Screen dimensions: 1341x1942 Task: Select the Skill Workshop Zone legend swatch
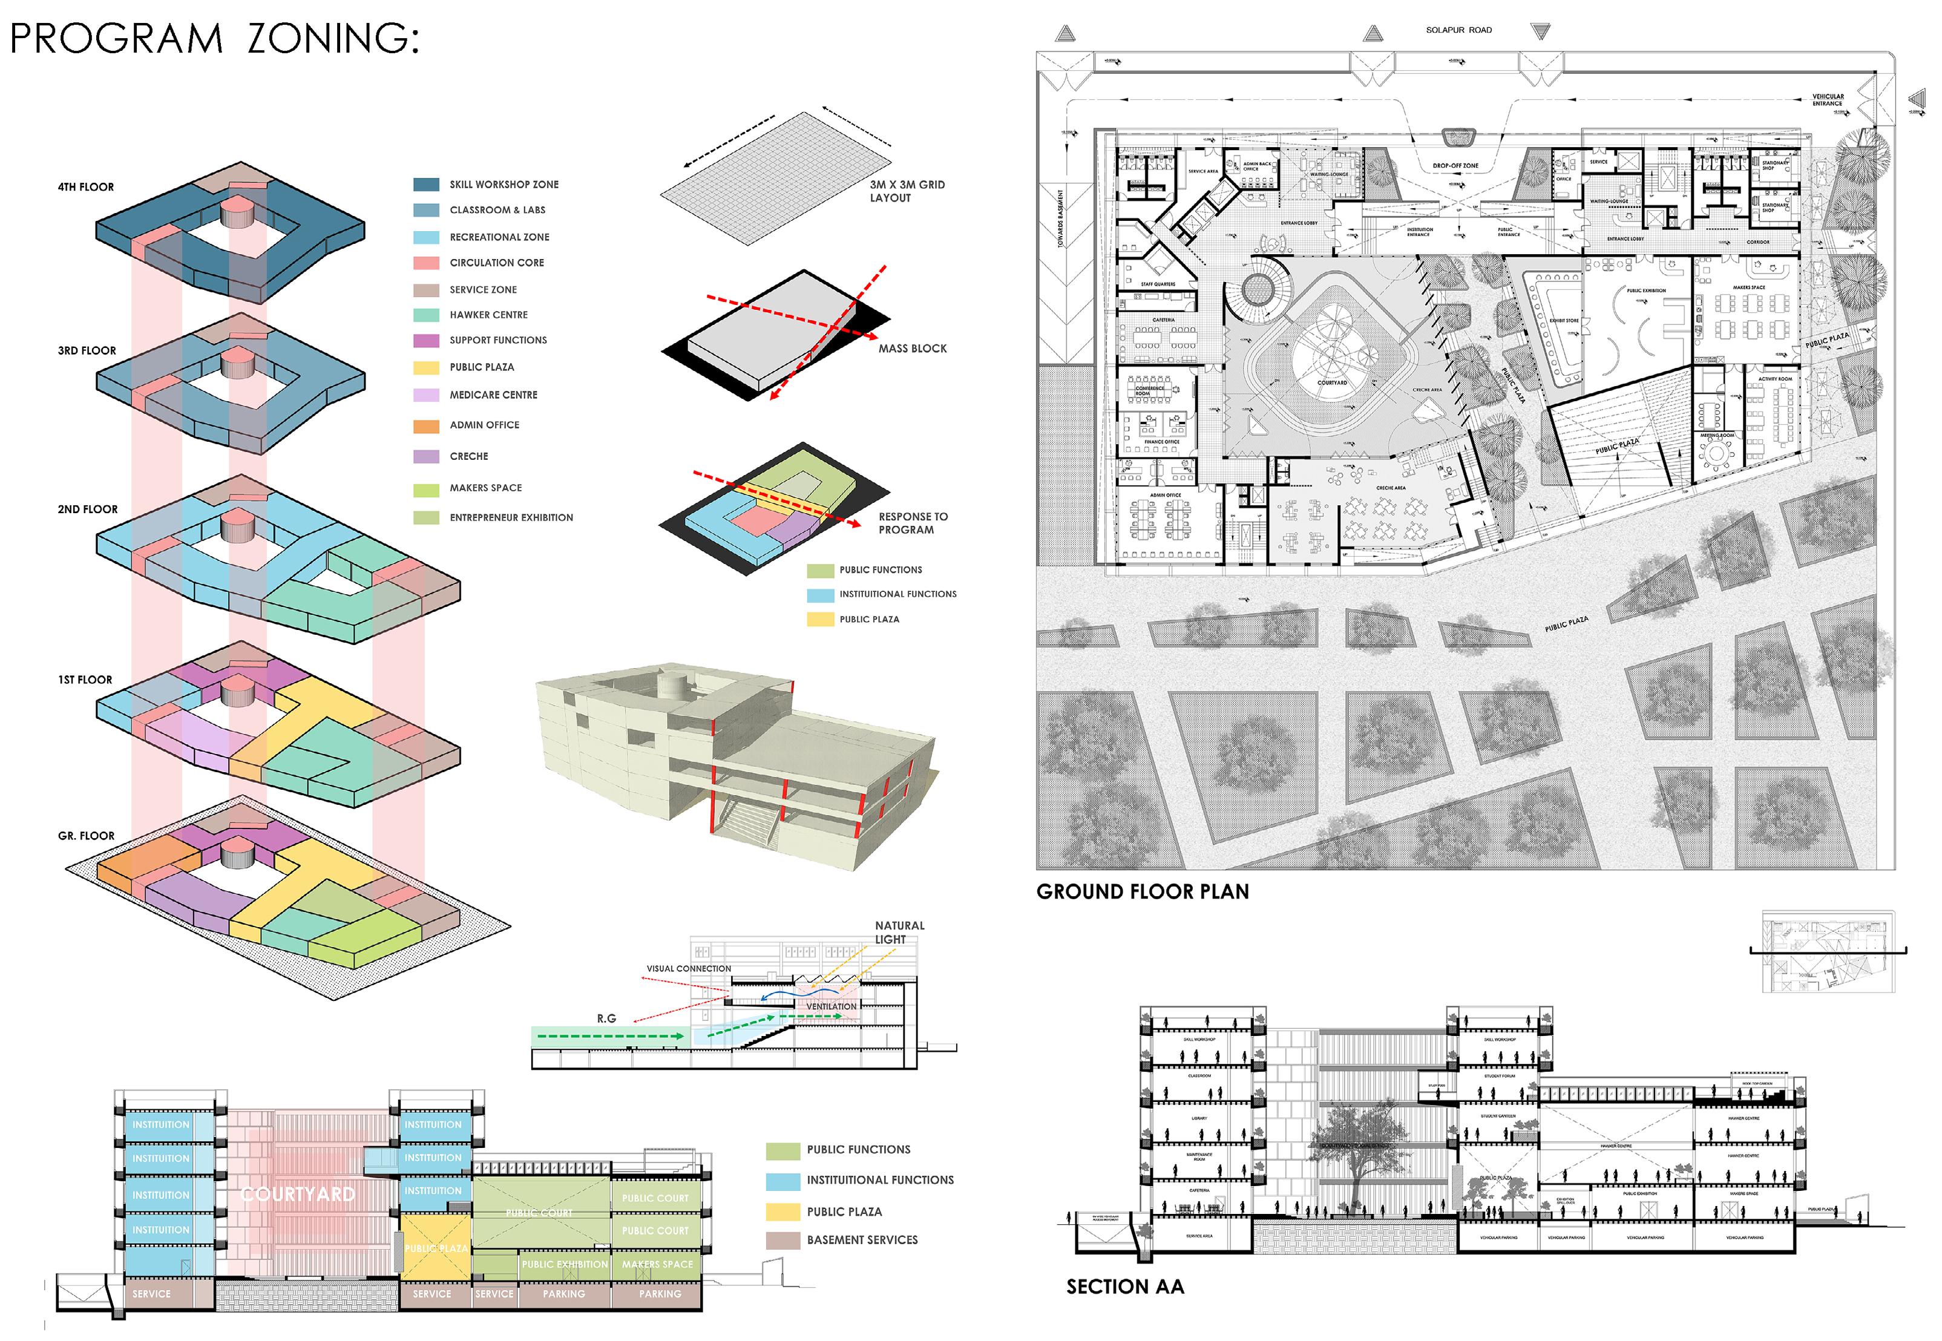(426, 185)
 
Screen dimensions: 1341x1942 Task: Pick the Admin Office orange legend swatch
(426, 426)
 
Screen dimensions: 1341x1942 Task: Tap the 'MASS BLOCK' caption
(912, 349)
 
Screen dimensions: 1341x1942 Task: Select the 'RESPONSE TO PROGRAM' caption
(913, 523)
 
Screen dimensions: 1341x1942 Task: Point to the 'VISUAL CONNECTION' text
(688, 969)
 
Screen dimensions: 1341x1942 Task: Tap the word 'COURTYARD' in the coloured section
(298, 1194)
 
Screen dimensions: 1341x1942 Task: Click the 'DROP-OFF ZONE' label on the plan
(1455, 166)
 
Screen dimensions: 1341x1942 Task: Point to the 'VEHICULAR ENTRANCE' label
(1827, 100)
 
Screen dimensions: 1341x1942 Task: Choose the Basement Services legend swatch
(782, 1240)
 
